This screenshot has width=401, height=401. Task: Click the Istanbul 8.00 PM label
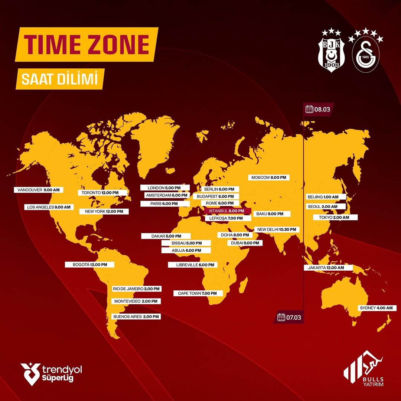coord(227,211)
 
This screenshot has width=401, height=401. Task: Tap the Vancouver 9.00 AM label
coord(39,190)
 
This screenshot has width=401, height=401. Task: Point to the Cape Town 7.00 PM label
coord(198,293)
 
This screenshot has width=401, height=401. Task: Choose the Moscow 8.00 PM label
coord(269,177)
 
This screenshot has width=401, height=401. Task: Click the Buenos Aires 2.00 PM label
coord(136,317)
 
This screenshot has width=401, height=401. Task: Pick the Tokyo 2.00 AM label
coord(336,217)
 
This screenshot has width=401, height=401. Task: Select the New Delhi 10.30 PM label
coord(277,229)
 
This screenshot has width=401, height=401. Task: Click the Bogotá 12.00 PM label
coord(89,265)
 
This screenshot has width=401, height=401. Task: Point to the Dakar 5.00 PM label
coord(166,236)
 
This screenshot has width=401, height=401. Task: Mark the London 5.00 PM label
coord(165,188)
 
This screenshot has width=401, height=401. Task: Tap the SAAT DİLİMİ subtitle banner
coord(59,80)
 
